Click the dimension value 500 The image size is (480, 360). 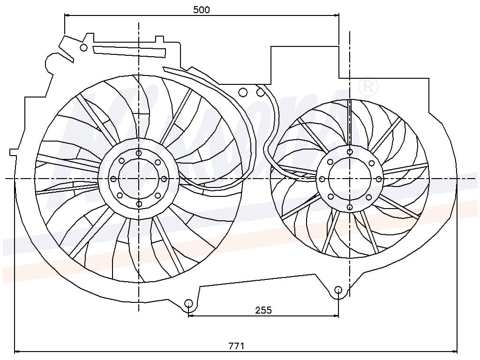click(x=202, y=9)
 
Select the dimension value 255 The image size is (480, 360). click(x=263, y=310)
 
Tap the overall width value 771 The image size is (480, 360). click(x=236, y=346)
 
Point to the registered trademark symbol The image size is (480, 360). click(x=368, y=86)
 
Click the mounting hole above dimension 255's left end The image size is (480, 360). click(x=188, y=303)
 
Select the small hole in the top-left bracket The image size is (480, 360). click(x=84, y=47)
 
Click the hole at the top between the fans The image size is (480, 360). click(x=243, y=92)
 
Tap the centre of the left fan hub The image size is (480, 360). click(x=139, y=179)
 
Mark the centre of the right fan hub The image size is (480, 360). click(x=350, y=179)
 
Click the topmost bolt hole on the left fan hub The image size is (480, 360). click(x=139, y=153)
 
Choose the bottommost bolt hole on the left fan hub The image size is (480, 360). click(x=139, y=204)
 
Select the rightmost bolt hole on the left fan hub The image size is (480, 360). click(x=164, y=179)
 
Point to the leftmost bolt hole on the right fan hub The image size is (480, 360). click(x=322, y=179)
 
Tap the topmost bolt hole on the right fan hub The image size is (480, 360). click(x=350, y=151)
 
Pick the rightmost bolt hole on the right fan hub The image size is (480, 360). click(x=379, y=179)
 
